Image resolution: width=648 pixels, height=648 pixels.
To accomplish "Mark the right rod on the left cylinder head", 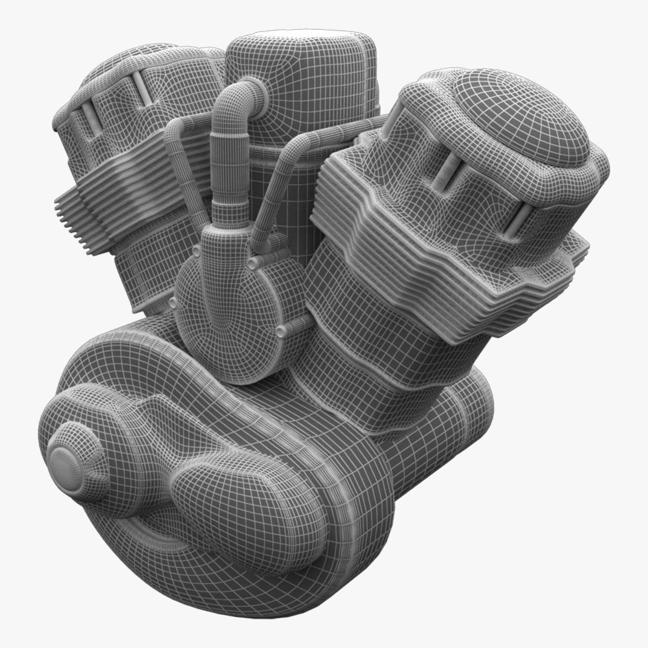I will (x=140, y=89).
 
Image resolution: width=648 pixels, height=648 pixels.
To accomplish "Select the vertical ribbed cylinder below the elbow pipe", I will (x=222, y=167).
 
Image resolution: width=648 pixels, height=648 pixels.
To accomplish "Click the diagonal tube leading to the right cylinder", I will (x=275, y=178).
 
